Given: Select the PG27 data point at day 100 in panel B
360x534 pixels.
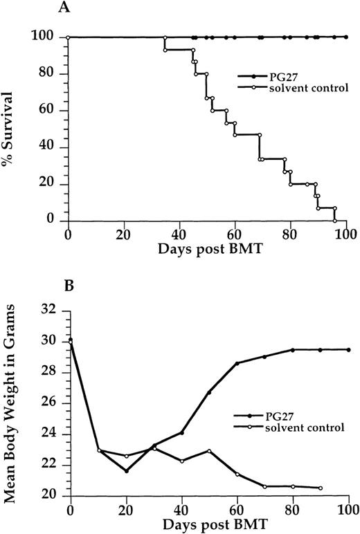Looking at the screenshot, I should pyautogui.click(x=348, y=350).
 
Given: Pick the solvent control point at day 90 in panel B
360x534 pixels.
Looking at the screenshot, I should pyautogui.click(x=321, y=488).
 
